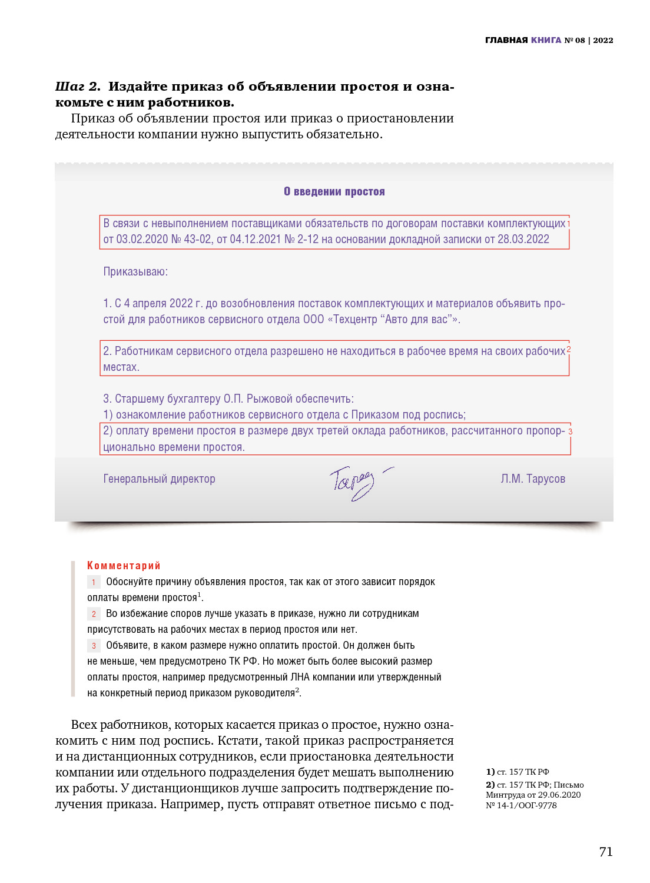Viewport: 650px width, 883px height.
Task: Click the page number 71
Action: point(606,852)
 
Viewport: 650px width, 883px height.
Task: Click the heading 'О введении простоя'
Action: point(334,191)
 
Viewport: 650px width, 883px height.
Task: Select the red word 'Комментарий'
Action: point(124,566)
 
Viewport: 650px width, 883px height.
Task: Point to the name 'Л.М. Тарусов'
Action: point(532,479)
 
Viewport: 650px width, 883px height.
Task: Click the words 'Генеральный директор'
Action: point(159,479)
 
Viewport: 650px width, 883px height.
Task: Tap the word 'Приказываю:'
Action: point(135,271)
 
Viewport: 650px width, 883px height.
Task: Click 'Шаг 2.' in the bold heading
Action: point(78,87)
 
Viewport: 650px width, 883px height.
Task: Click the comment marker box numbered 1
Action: point(94,582)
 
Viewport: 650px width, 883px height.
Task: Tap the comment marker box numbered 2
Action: point(94,614)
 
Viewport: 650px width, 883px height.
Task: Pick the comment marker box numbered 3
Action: point(94,646)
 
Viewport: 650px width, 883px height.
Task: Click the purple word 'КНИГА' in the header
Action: point(546,40)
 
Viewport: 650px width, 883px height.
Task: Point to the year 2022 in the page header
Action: point(603,40)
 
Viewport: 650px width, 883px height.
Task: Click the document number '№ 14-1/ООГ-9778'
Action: point(521,805)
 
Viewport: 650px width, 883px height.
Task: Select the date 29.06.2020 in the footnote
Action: point(559,795)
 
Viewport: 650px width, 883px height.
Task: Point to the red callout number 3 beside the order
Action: point(570,431)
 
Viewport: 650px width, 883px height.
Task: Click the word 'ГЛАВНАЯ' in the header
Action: point(506,40)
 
